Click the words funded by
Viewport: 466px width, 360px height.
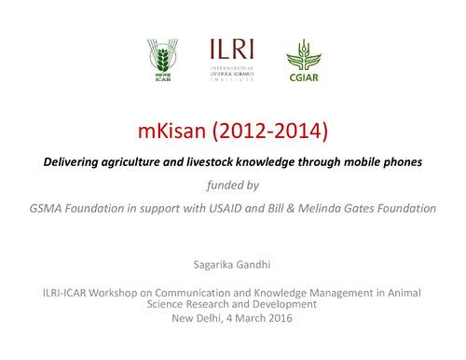pos(232,185)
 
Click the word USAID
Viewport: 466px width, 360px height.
pos(246,208)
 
